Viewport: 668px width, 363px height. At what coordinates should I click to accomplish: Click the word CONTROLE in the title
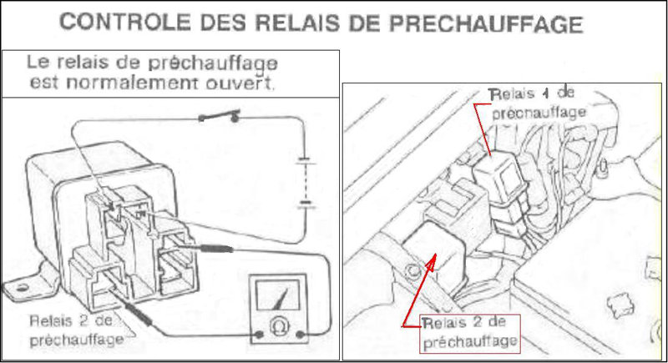(124, 23)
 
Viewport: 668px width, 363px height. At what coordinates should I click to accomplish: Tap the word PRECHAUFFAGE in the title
(486, 24)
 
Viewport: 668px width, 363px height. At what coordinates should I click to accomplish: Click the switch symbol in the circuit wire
(220, 116)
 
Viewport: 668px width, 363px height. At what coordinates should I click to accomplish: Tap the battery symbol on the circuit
(306, 183)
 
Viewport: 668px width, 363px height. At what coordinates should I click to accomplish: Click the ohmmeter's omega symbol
(280, 326)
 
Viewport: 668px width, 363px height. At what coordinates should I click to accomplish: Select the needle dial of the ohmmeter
(277, 294)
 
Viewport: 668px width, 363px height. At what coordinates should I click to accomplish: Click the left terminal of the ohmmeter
(259, 335)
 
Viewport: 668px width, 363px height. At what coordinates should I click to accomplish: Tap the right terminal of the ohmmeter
(300, 335)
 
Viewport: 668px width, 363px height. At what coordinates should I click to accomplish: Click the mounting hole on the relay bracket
(23, 288)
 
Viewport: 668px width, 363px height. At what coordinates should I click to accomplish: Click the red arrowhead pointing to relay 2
(431, 263)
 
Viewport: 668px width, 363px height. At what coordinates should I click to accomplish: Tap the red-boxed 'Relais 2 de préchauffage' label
(470, 334)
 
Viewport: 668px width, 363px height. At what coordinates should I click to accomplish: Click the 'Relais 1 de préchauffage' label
(538, 103)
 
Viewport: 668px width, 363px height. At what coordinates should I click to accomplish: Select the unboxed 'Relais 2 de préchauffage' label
(77, 330)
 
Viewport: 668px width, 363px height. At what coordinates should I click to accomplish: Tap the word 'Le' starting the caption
(38, 62)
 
